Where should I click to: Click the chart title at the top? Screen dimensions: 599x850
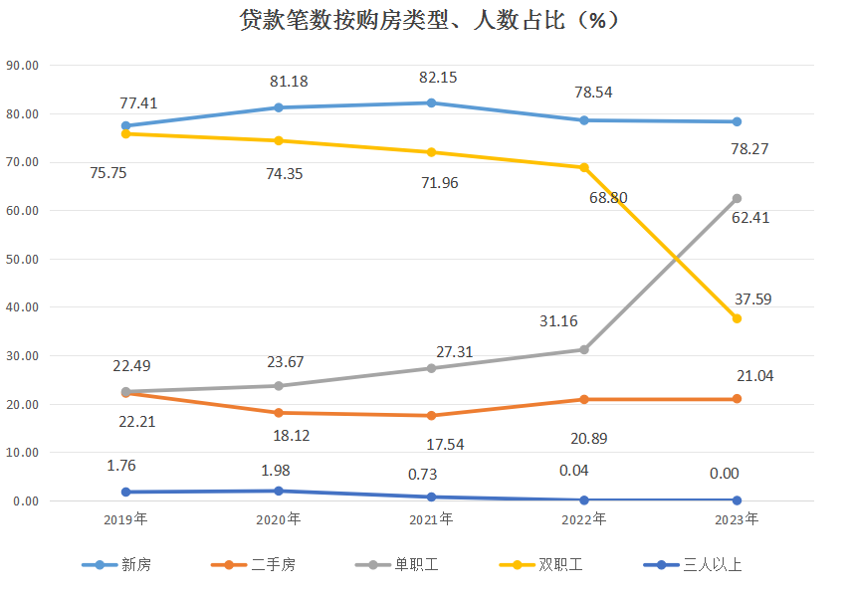(x=425, y=21)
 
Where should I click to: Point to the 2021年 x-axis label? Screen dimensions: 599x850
(x=431, y=519)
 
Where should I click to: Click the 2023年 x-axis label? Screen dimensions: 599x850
(x=738, y=519)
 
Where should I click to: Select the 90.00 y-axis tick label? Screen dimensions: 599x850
(x=22, y=66)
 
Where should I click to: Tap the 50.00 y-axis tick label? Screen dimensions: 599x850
(x=22, y=259)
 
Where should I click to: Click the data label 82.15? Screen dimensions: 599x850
(x=439, y=77)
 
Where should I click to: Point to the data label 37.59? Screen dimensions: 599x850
(x=752, y=299)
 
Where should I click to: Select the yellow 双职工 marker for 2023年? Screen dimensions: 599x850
(x=738, y=318)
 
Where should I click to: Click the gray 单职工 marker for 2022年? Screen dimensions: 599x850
(x=584, y=349)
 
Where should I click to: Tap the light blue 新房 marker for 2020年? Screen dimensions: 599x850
(x=279, y=107)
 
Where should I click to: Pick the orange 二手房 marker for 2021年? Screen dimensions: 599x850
(x=431, y=415)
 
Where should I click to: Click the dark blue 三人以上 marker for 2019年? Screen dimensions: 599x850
(x=125, y=492)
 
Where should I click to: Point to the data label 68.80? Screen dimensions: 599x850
(x=608, y=198)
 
